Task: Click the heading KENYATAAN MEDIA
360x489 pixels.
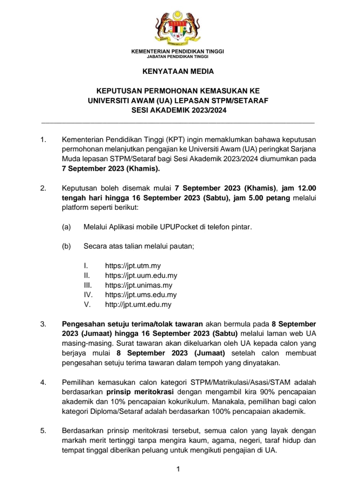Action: tap(178, 71)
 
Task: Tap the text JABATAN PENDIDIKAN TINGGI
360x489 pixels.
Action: tap(178, 57)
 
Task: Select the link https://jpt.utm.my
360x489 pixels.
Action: tap(133, 266)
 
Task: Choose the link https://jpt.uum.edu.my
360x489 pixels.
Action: tap(141, 275)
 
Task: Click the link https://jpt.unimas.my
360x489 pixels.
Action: tap(139, 285)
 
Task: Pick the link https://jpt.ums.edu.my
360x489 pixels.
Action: tap(141, 295)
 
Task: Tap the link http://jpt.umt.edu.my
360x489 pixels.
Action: tap(138, 305)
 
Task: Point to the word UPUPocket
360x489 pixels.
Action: tap(180, 227)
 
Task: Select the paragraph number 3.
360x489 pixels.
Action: tap(44, 324)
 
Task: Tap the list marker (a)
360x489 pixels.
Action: tap(66, 227)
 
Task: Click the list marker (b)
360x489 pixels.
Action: tap(66, 246)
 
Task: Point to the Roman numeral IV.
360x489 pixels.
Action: tap(87, 295)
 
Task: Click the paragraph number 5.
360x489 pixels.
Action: tap(44, 431)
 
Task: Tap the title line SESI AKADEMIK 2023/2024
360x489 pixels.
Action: tap(178, 111)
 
